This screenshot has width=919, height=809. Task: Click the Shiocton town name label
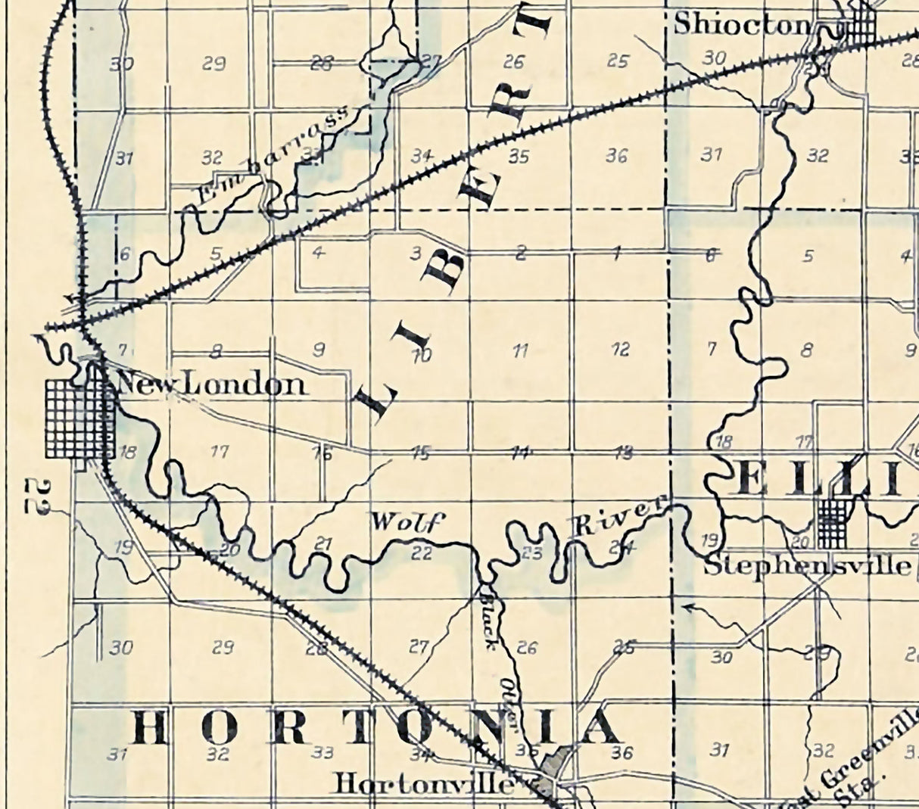(742, 24)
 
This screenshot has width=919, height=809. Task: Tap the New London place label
(212, 385)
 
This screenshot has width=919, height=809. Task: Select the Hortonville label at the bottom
(424, 783)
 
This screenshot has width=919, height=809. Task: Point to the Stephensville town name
(807, 566)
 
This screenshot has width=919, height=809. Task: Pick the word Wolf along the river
(405, 521)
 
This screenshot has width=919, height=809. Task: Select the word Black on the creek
(488, 618)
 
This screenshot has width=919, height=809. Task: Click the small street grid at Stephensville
(833, 522)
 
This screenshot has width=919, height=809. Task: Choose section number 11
(520, 350)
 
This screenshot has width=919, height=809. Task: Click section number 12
(620, 350)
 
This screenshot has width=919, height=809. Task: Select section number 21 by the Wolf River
(323, 543)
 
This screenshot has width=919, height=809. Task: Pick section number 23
(532, 553)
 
